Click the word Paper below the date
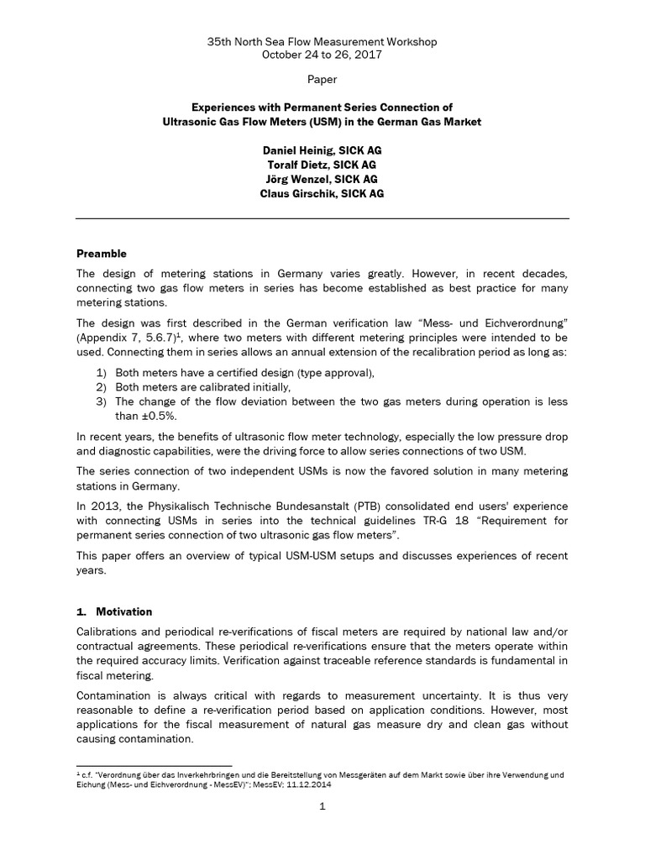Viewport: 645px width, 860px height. coord(322,80)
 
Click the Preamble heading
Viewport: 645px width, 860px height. coord(102,253)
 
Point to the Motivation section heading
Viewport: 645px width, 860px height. coord(123,611)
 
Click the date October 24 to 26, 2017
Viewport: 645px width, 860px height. coord(322,55)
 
